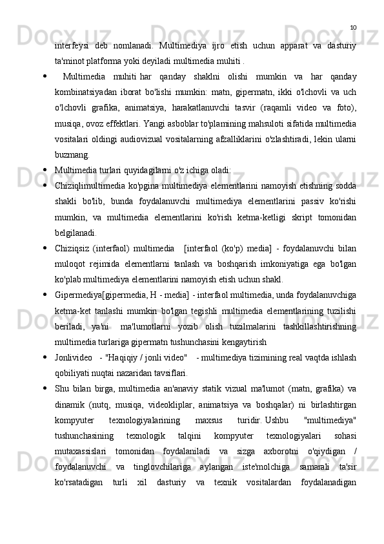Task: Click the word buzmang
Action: (x=72, y=174)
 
